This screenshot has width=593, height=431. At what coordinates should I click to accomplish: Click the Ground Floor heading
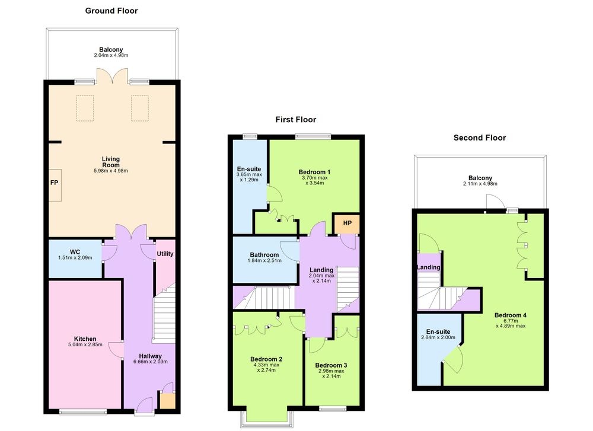pos(111,11)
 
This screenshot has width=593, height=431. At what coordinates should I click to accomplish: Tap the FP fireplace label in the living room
pos(54,183)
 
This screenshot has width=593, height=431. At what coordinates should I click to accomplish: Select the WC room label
pos(75,252)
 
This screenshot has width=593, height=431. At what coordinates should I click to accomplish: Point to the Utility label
pos(165,254)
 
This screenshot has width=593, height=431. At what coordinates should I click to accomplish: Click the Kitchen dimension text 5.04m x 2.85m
pos(85,344)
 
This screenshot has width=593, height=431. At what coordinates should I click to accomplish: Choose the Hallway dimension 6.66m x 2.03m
pos(151,362)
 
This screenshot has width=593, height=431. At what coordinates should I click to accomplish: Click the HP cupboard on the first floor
pos(346,224)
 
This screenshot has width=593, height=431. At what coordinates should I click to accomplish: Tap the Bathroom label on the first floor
pos(264,255)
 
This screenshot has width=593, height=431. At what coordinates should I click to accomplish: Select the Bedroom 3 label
pos(331,365)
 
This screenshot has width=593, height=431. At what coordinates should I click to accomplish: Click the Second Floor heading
pos(480,138)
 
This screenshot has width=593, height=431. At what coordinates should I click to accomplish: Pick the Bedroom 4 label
pos(511,315)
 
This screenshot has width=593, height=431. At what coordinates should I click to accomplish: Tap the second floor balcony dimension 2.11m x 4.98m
pos(480,184)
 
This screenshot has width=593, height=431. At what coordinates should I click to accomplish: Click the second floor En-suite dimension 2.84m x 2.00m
pos(438,337)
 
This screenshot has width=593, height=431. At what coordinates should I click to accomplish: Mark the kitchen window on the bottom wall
pos(83,411)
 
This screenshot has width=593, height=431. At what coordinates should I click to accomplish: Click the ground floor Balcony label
pos(111,50)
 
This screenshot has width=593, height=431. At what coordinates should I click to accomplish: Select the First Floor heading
pos(296,120)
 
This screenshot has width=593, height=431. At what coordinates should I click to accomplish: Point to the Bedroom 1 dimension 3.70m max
pos(315,178)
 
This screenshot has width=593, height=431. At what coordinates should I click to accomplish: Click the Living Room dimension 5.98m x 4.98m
pos(111,171)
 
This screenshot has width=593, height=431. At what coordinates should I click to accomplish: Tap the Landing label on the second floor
pos(429,267)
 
